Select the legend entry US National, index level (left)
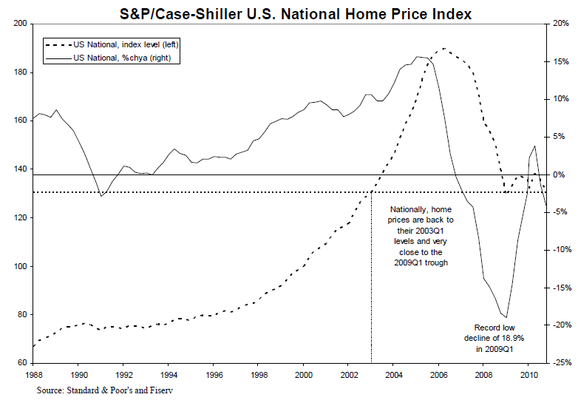pyautogui.click(x=114, y=45)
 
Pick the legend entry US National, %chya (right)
pyautogui.click(x=111, y=57)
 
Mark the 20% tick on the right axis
pyautogui.click(x=560, y=24)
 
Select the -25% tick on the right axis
pyautogui.click(x=559, y=363)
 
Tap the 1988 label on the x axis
pyautogui.click(x=33, y=375)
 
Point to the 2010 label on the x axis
pyautogui.click(x=528, y=375)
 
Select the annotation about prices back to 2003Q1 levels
pyautogui.click(x=422, y=236)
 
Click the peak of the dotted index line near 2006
pyautogui.click(x=443, y=49)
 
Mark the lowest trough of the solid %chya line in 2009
pyautogui.click(x=506, y=318)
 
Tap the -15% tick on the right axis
pyautogui.click(x=559, y=288)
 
